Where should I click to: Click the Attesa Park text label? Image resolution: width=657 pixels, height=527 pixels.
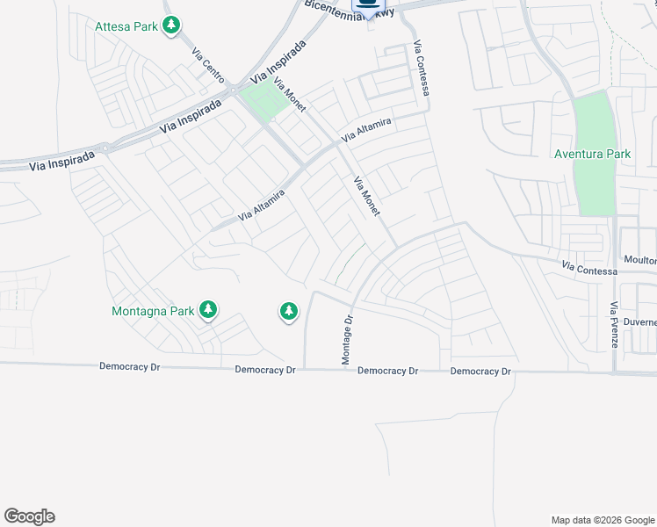click(x=126, y=26)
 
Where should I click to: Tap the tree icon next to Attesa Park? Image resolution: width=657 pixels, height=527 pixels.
click(x=172, y=25)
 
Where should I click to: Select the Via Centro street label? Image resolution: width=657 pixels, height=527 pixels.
click(x=208, y=63)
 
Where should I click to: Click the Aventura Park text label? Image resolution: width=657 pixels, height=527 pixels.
click(x=592, y=155)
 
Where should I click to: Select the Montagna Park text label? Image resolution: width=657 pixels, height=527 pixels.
click(x=153, y=311)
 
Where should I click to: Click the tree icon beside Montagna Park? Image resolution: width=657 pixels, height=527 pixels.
click(x=208, y=310)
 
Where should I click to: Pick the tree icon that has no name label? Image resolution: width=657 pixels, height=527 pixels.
click(x=288, y=310)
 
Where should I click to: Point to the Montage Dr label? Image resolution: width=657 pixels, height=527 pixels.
click(x=346, y=340)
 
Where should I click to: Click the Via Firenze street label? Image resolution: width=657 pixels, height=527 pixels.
click(x=614, y=325)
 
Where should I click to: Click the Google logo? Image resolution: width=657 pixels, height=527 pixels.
click(x=29, y=516)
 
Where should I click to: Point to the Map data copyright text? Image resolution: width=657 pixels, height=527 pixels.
click(x=602, y=520)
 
